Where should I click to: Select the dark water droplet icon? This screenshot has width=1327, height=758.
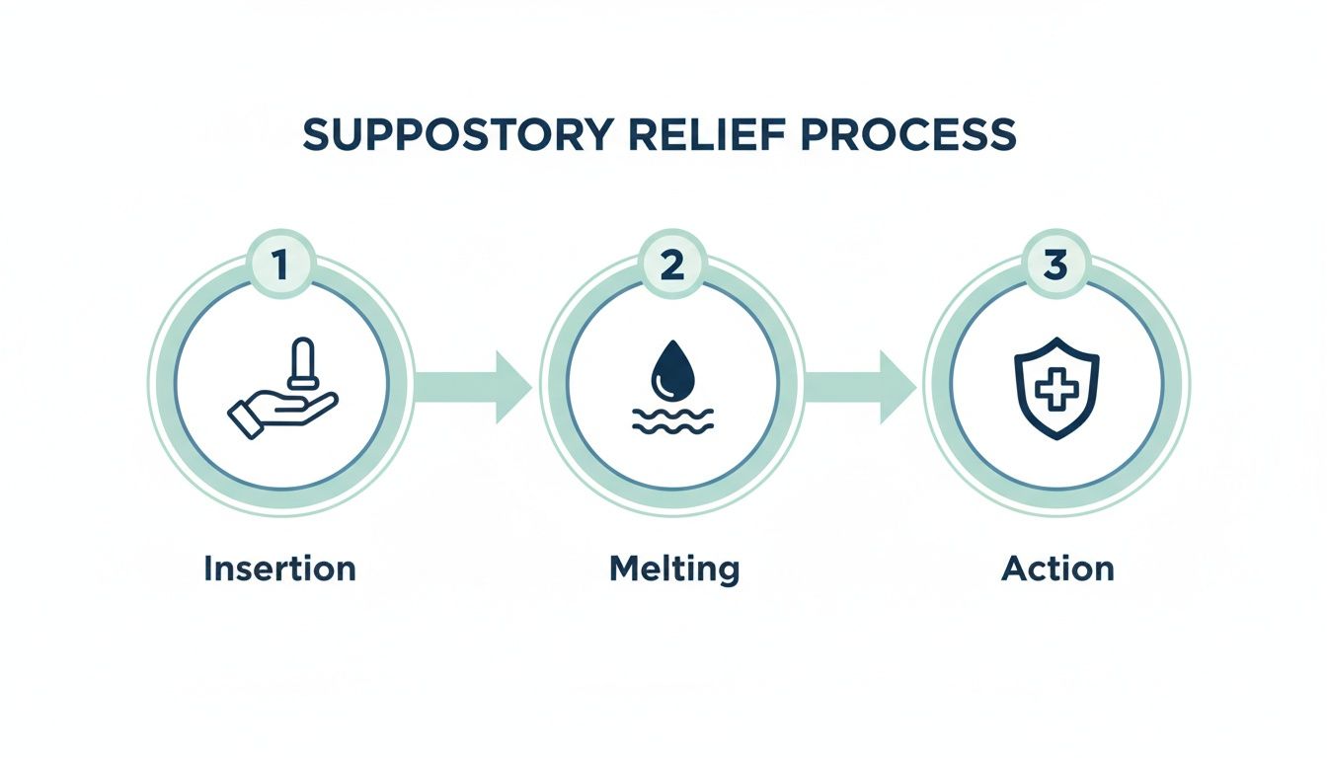click(670, 368)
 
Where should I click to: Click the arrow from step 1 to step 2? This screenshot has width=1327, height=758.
click(472, 387)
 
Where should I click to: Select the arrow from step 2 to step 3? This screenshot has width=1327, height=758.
click(860, 387)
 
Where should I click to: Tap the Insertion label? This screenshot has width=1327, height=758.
click(279, 568)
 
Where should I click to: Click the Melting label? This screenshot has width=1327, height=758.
click(674, 569)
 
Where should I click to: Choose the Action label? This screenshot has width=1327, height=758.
click(1056, 568)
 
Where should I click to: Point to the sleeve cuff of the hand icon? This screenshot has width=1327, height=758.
click(243, 419)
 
